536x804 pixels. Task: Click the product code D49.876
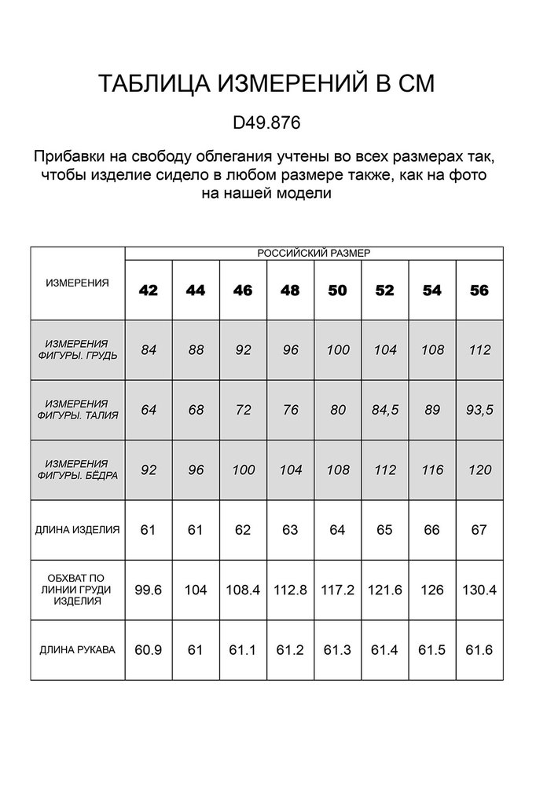point(266,123)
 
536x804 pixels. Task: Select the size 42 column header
point(149,291)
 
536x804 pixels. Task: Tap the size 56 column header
point(479,291)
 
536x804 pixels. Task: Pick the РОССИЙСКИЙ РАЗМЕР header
point(314,253)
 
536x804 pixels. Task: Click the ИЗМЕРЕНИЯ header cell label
point(77,283)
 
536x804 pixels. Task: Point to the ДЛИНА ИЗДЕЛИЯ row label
point(77,530)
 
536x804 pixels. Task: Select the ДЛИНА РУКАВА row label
point(77,650)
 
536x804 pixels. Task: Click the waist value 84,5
point(384,410)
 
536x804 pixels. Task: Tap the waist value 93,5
point(479,410)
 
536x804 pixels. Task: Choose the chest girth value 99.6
point(149,590)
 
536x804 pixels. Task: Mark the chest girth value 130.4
point(479,590)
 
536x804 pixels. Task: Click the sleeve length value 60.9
point(149,650)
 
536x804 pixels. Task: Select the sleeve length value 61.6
point(479,650)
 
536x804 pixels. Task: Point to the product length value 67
point(479,530)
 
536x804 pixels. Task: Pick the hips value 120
point(479,470)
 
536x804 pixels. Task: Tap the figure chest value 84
point(149,350)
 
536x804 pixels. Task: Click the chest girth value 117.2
point(337,590)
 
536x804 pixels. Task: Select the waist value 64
point(149,410)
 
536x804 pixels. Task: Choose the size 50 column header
point(337,291)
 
